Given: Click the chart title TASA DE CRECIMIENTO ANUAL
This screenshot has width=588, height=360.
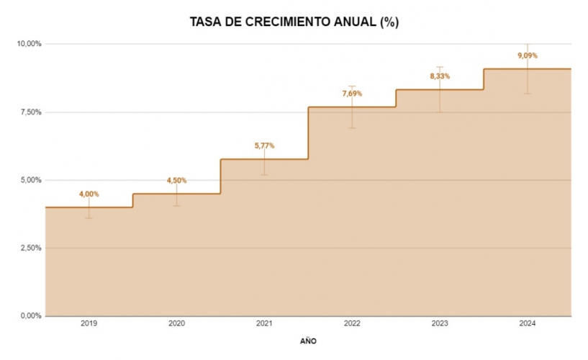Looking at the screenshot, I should tap(294, 22).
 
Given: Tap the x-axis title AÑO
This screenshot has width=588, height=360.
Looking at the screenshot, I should tap(307, 341).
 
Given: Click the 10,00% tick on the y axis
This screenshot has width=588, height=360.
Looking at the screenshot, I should tap(29, 44).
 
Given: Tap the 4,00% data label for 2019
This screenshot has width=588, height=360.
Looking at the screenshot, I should tap(89, 194).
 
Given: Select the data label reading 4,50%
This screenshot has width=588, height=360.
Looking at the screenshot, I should tap(176, 181).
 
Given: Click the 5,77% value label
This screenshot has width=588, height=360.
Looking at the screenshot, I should tap(264, 146).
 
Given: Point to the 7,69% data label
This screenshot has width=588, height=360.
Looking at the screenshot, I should tap(352, 94).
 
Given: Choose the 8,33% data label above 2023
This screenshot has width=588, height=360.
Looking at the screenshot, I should tap(440, 76).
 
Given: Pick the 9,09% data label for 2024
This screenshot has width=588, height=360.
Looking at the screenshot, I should tap(528, 55).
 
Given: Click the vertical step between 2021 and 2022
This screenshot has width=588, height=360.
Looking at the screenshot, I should tap(308, 133).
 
